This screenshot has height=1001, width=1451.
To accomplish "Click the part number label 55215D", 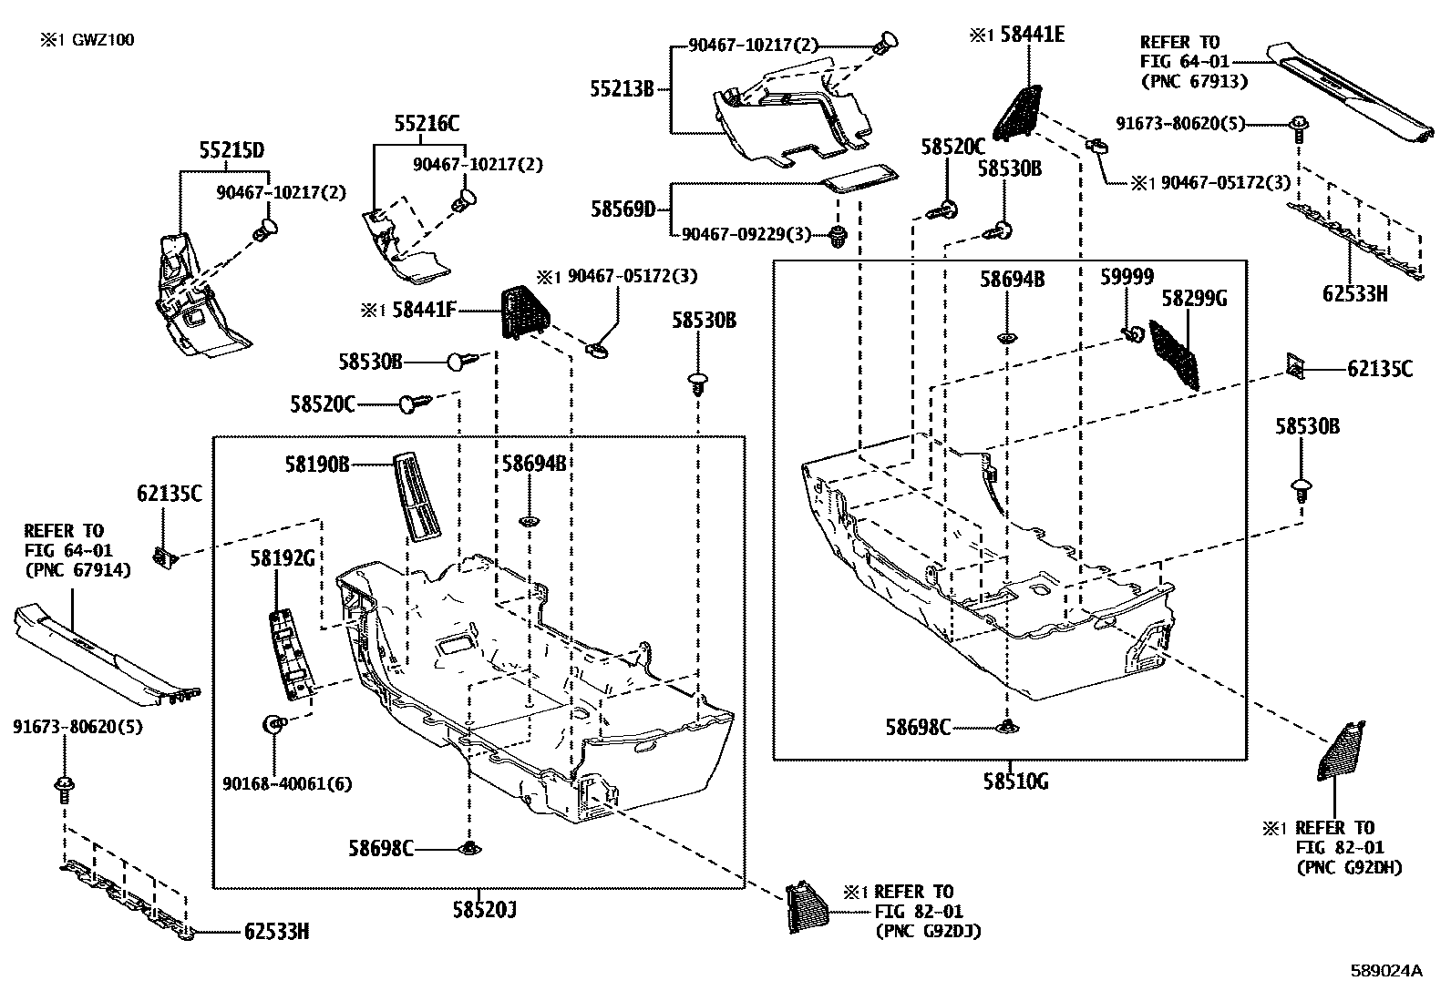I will (232, 150).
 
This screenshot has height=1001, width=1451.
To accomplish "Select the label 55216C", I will (427, 124).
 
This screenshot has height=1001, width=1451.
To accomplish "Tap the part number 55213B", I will (623, 89).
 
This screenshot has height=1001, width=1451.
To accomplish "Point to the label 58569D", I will (623, 209).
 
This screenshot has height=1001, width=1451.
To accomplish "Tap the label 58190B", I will (316, 465).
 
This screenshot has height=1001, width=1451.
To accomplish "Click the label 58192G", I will (283, 558).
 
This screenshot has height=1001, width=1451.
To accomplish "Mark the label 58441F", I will (424, 311).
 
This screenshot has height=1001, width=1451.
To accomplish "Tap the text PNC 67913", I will (1194, 81).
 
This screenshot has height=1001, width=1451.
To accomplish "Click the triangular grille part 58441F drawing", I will (522, 311).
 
